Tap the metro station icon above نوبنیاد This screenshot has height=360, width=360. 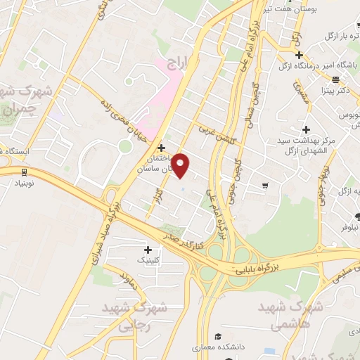pos(25,172)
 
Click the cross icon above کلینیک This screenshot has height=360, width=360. pos(148,250)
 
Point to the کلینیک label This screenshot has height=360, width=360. pos(147,260)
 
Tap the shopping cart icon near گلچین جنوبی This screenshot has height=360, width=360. pos(264,186)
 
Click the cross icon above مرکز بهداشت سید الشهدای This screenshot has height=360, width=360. pos(305,129)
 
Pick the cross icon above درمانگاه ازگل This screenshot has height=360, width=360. pos(300,55)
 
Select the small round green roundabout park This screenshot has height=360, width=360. pos(125,146)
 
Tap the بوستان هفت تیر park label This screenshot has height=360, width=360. pos(310,9)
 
